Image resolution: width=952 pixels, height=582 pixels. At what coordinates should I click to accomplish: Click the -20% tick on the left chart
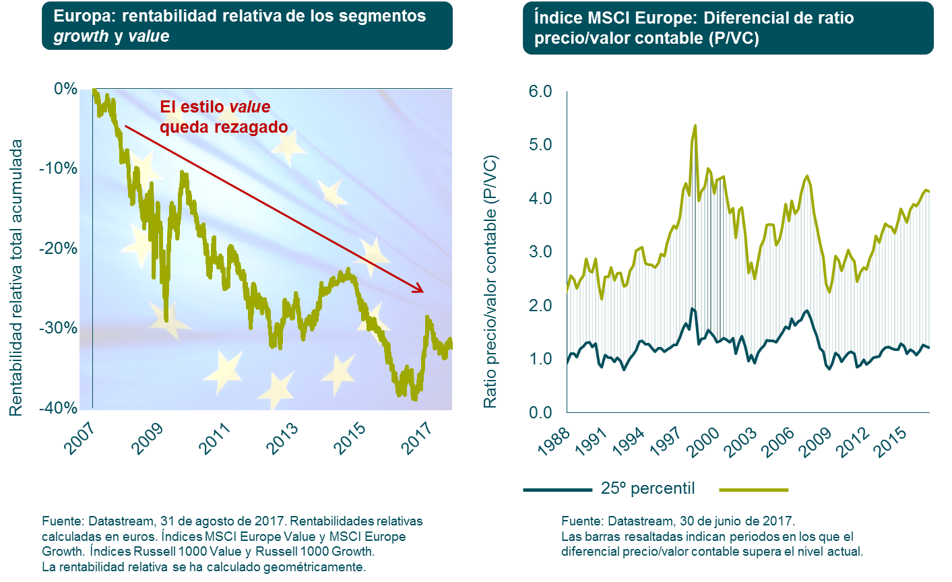pyautogui.click(x=59, y=249)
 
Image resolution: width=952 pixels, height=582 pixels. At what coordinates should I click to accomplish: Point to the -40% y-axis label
pyautogui.click(x=59, y=408)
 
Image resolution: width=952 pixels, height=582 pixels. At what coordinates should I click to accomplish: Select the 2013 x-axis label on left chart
pyautogui.click(x=282, y=439)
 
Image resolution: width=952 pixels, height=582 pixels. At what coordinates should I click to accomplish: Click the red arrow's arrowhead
pyautogui.click(x=419, y=290)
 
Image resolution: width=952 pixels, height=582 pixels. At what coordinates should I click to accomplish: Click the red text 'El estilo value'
pyautogui.click(x=215, y=107)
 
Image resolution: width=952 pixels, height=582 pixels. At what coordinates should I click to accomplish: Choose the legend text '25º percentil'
pyautogui.click(x=647, y=488)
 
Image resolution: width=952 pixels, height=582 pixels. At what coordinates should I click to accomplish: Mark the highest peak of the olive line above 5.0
pyautogui.click(x=695, y=126)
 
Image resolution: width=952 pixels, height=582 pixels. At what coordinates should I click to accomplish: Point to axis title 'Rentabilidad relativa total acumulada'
pyautogui.click(x=16, y=277)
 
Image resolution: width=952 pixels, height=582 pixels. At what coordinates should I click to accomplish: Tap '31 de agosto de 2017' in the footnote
pyautogui.click(x=223, y=521)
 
